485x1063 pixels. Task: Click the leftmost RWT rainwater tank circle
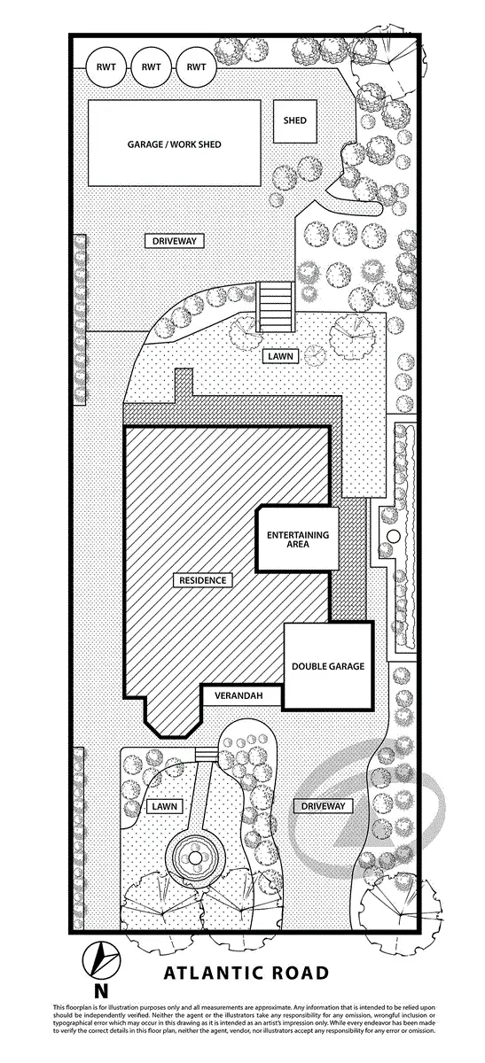pos(106,67)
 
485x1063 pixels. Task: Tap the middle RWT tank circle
pos(151,67)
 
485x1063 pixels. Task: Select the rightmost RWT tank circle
pos(196,67)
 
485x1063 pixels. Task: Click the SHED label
pos(294,120)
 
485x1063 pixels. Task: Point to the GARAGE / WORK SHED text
pos(175,144)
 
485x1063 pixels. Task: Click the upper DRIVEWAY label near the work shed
pos(175,241)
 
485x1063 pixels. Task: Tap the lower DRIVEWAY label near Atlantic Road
pos(323,806)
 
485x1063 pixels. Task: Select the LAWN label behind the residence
pos(280,356)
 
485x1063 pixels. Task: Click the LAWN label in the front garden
pos(165,806)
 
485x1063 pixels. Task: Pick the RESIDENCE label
pos(203,580)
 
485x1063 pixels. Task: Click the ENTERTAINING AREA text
pos(298,539)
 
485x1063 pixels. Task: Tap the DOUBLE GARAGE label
pos(328,666)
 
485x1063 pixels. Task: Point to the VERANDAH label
pos(239,696)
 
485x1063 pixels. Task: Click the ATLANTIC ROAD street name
pos(246,973)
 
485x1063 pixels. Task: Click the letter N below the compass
pos(101,991)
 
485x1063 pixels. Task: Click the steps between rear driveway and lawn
pos(275,307)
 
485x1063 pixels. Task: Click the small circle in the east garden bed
pos(394,537)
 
